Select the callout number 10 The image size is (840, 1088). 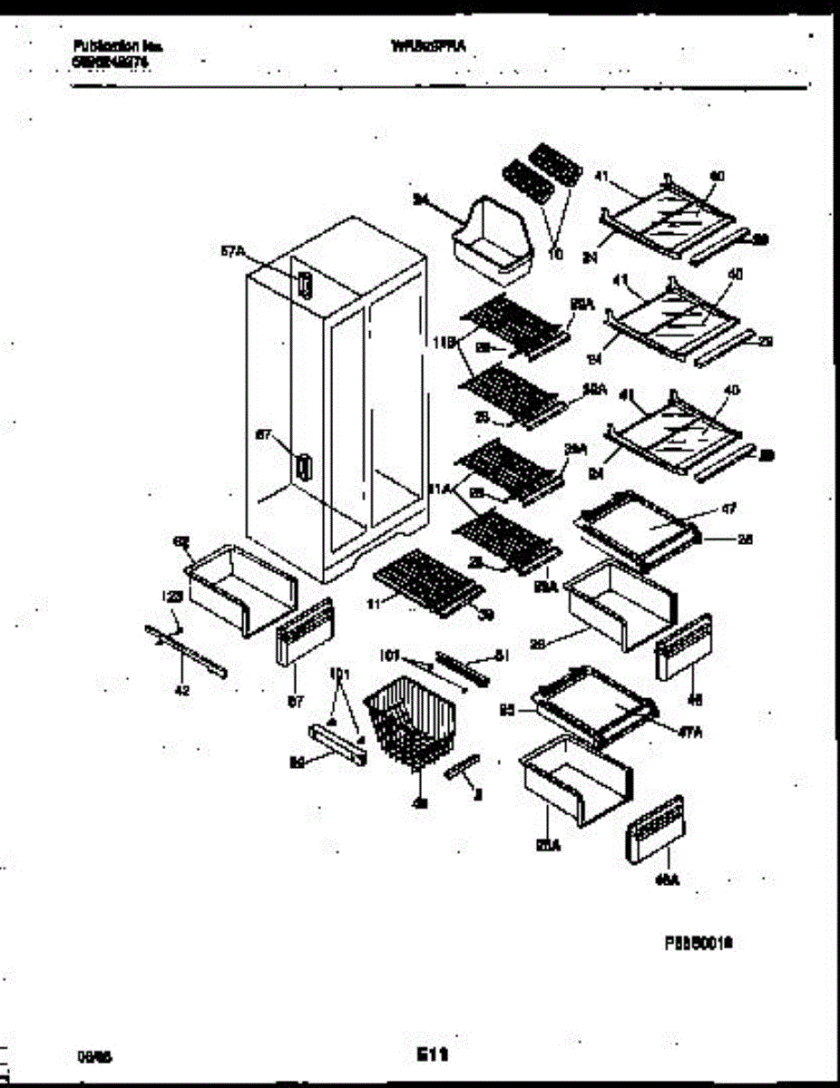coord(555,255)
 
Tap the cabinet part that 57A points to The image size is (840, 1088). coord(305,287)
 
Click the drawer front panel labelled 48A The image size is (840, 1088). coord(654,831)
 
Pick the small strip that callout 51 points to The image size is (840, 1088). coord(461,666)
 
